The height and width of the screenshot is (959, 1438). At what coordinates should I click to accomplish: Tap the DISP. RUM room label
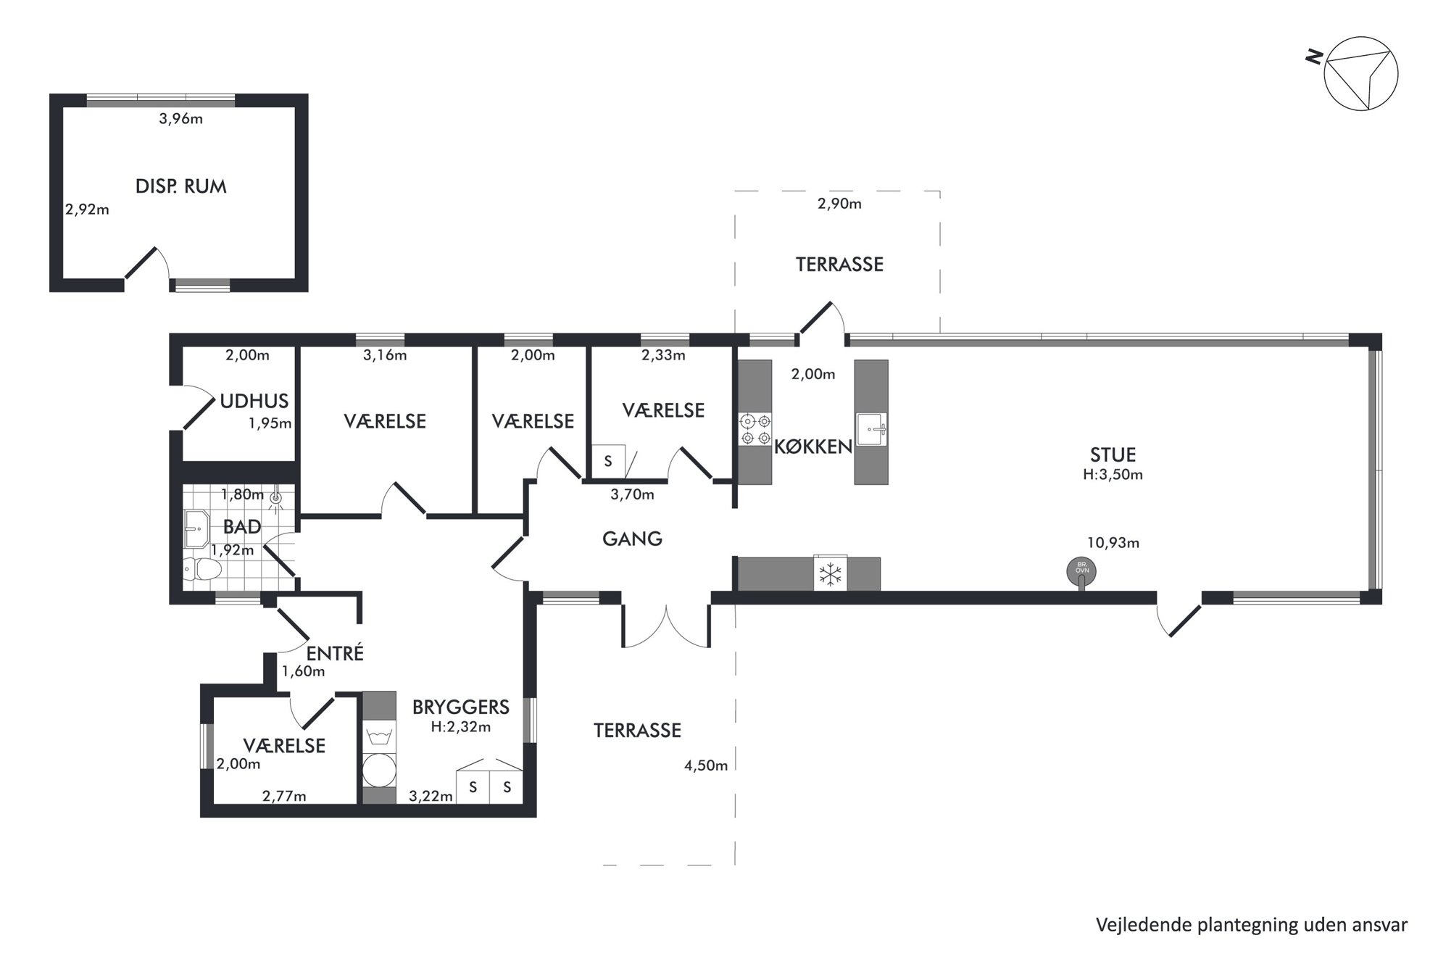click(181, 186)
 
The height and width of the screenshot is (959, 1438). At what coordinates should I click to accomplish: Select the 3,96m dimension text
click(180, 119)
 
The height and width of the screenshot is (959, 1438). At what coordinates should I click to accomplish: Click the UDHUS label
click(254, 401)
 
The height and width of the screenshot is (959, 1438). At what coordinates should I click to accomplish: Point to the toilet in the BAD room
click(202, 570)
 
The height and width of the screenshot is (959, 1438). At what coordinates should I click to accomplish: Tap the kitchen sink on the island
click(871, 429)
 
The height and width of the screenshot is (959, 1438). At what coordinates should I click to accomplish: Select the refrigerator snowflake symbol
click(830, 574)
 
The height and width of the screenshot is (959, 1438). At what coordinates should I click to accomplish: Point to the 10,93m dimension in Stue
click(1113, 542)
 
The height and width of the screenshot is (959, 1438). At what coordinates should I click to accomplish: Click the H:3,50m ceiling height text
click(1113, 475)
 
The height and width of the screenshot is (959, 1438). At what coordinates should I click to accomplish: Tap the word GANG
click(632, 539)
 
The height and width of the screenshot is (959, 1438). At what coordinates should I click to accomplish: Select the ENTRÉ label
click(335, 652)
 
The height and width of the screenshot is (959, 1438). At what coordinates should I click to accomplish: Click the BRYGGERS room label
click(461, 707)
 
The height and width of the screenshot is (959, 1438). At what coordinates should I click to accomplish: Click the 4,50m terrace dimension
click(706, 765)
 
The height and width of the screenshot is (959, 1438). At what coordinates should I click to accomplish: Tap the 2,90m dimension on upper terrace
click(839, 204)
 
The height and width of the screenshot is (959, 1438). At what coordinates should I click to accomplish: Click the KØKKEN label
click(813, 447)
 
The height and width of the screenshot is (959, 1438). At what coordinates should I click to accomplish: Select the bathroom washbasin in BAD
click(196, 529)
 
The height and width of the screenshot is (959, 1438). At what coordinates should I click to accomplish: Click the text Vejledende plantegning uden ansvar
click(1252, 925)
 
